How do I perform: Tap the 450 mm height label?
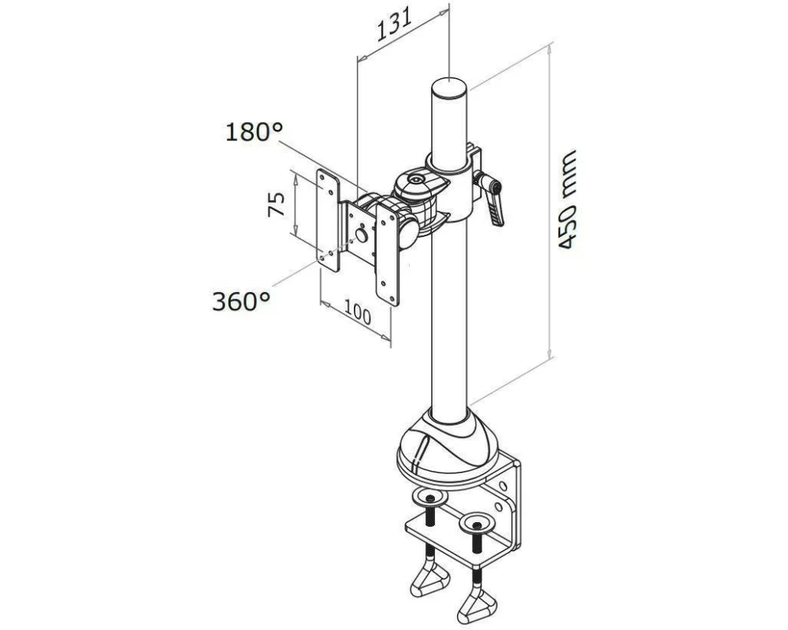[x=567, y=199]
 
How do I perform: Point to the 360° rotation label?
[x=242, y=302]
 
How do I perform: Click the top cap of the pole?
[x=450, y=88]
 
